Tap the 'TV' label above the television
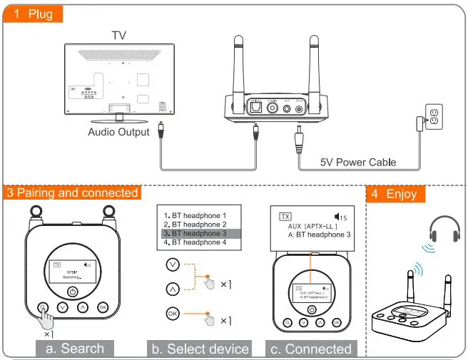120,35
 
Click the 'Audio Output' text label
118,132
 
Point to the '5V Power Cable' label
357,162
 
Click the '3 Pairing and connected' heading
72,193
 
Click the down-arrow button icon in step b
171,264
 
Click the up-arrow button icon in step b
171,289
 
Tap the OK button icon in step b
171,314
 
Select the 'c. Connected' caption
311,349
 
